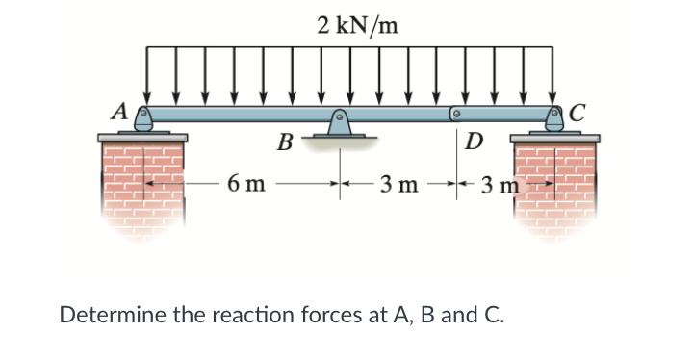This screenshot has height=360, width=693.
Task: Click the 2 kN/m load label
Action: [x=355, y=24]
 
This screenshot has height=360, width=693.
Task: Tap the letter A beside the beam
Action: [x=120, y=110]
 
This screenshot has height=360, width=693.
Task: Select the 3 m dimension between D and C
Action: [x=501, y=183]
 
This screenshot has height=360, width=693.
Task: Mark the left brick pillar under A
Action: [x=142, y=188]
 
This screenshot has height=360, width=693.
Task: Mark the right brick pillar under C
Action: [x=553, y=188]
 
